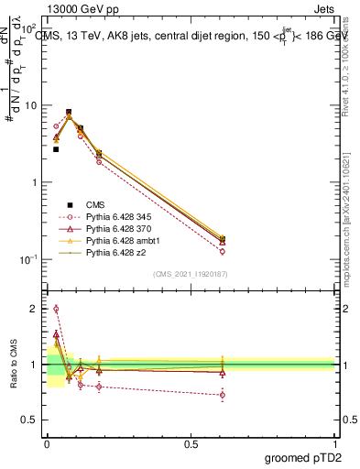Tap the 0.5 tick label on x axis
191,443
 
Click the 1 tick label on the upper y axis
35,182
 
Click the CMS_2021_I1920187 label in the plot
191,273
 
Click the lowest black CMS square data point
56,148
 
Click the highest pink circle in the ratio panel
56,309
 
